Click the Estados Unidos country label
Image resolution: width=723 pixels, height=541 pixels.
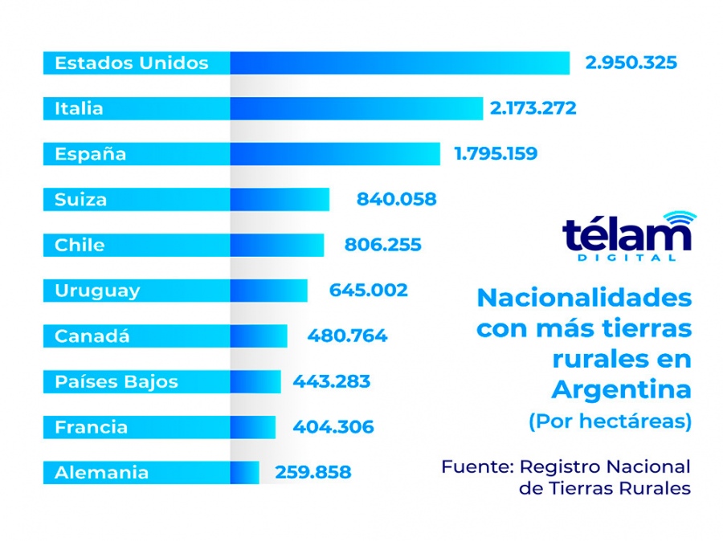[x=132, y=63]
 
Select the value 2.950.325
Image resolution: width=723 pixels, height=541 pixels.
[x=631, y=63]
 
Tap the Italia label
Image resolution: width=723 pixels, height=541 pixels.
[x=79, y=108]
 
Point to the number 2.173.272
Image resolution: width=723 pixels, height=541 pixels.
[x=533, y=108]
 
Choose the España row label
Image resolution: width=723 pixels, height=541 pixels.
[x=90, y=154]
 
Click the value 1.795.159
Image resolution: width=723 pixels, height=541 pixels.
[x=496, y=154]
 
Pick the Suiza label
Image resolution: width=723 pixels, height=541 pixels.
[x=80, y=199]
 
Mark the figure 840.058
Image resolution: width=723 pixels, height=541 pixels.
[x=396, y=199]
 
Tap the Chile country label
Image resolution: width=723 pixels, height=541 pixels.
[x=80, y=245]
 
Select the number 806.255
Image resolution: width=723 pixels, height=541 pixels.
[x=382, y=245]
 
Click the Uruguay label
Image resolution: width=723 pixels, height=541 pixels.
[x=97, y=291]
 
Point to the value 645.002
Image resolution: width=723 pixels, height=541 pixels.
[x=368, y=291]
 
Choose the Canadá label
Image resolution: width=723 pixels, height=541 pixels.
[x=92, y=336]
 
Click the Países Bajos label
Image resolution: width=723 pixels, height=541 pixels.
[x=116, y=381]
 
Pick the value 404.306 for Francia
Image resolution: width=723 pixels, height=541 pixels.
[x=333, y=427]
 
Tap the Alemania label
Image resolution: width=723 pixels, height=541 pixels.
[x=101, y=473]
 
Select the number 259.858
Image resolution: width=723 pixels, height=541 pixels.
[x=313, y=473]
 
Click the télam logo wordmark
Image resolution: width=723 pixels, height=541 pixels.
[x=627, y=235]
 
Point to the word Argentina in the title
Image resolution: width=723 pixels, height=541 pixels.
[x=621, y=389]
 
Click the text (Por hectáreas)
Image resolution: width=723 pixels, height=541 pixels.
[x=610, y=422]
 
